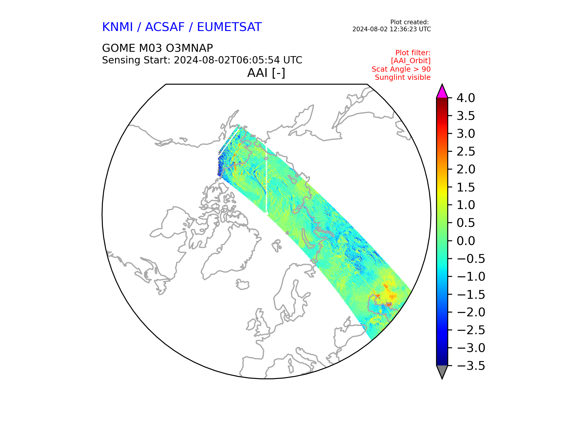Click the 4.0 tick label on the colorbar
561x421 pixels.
[x=466, y=98]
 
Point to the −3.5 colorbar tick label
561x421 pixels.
[x=471, y=366]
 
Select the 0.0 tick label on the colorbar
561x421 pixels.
[x=466, y=241]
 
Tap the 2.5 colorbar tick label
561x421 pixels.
[x=466, y=151]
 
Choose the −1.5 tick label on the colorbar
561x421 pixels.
[x=471, y=294]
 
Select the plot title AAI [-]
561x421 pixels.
[x=266, y=73]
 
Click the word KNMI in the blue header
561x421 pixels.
[x=117, y=27]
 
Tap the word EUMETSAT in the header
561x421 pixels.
[x=229, y=27]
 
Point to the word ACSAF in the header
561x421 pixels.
[x=165, y=27]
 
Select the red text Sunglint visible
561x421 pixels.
[x=403, y=77]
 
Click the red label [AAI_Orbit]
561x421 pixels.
[x=411, y=61]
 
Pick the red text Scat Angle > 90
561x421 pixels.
[x=401, y=69]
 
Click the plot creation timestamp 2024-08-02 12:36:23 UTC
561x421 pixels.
[x=392, y=29]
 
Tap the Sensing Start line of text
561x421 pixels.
[x=202, y=60]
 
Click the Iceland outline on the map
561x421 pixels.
[x=243, y=284]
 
